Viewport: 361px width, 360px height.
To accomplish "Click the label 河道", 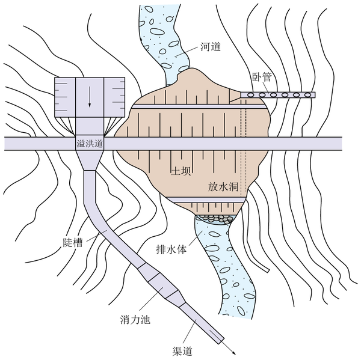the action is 211,47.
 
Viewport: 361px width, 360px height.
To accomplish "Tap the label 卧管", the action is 262,77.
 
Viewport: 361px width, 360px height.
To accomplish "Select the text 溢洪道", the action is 90,144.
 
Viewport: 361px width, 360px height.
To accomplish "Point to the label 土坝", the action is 180,171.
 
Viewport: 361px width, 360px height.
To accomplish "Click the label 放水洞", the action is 223,186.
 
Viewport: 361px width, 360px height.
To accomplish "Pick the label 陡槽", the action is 73,242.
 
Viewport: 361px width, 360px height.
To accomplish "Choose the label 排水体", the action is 171,249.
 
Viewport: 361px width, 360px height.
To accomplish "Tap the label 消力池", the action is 135,320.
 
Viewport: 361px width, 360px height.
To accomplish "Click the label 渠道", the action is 182,351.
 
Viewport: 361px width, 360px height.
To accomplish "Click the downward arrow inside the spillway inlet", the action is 90,97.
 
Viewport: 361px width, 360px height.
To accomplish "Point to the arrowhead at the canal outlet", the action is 233,353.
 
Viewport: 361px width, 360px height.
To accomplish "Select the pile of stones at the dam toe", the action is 215,219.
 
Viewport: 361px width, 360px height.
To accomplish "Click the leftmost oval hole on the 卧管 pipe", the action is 251,95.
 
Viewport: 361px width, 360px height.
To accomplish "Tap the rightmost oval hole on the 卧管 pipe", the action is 307,95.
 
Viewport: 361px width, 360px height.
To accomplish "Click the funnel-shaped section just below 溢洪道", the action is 90,160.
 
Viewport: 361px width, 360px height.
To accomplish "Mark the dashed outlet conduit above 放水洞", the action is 244,147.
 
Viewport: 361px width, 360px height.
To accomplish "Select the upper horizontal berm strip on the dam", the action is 199,106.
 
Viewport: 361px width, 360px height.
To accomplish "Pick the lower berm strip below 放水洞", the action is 205,200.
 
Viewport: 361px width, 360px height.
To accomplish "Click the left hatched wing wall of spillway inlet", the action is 65,97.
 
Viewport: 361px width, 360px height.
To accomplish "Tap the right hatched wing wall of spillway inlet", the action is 114,97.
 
